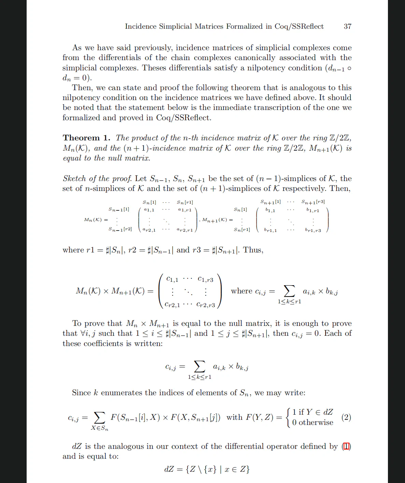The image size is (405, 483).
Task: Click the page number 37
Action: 347,26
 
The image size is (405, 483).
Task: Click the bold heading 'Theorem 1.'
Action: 86,138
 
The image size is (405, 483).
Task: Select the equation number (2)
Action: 346,417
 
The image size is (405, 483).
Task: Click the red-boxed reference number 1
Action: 346,446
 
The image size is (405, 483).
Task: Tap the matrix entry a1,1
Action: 149,210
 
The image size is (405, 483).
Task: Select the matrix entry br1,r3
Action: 313,230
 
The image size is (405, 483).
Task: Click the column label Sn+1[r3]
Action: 313,202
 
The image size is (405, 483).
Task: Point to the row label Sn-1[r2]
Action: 120,229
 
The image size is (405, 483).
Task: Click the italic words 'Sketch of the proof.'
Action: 97,178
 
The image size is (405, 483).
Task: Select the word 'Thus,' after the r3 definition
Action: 253,250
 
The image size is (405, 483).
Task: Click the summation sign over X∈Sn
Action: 99,417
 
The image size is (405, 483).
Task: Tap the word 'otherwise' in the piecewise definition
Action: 316,423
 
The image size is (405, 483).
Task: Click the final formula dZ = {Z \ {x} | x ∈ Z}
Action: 207,469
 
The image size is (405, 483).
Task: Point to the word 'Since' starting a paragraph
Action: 81,393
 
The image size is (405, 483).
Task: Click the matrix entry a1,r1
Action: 185,210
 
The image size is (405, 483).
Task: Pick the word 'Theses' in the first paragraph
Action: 154,68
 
